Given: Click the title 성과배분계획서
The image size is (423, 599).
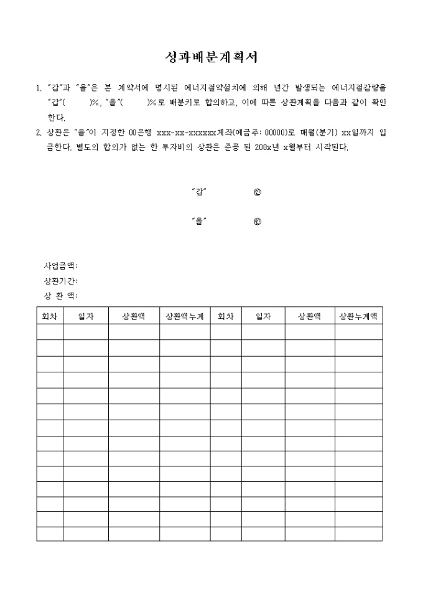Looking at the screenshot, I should click(211, 58).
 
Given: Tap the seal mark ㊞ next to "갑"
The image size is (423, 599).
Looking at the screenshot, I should click(258, 192).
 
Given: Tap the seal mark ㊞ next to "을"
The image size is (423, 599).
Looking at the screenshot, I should click(258, 221).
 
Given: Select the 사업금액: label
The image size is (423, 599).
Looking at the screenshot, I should click(60, 266).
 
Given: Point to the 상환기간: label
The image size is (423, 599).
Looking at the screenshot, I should click(60, 281).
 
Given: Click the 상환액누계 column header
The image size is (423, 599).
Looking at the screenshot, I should click(185, 316).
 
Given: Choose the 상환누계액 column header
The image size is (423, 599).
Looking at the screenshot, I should click(358, 316).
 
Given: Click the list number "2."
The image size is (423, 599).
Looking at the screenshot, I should click(38, 133).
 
